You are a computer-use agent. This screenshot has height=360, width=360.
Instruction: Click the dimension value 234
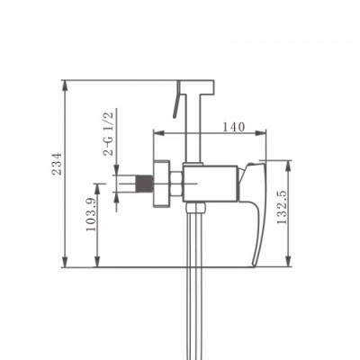pyautogui.click(x=57, y=164)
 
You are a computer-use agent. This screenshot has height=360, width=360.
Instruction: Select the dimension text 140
pyautogui.click(x=234, y=127)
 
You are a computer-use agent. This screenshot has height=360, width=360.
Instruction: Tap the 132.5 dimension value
pyautogui.click(x=282, y=207)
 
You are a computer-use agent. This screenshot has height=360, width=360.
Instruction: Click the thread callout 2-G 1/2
pyautogui.click(x=108, y=133)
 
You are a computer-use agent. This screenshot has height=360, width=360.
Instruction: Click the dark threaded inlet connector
pyautogui.click(x=145, y=184)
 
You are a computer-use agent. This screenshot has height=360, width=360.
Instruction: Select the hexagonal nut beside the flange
pyautogui.click(x=176, y=184)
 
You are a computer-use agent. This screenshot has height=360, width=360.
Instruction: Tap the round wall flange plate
pyautogui.click(x=162, y=184)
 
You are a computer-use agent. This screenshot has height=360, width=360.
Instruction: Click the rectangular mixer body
pyautogui.click(x=211, y=183)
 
